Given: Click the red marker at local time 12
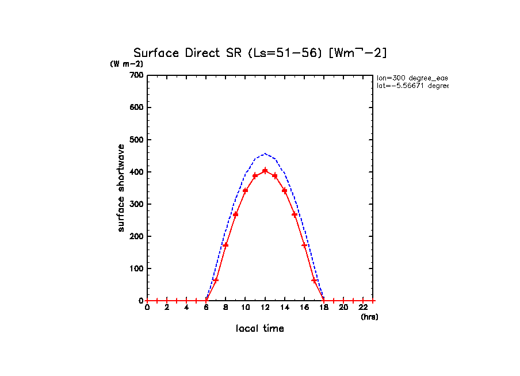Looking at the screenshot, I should [265, 171].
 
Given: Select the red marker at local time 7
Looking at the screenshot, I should [216, 280].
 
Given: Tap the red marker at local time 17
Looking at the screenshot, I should [314, 280].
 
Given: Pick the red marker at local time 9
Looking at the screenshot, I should [235, 214].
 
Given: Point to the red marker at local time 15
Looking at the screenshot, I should [295, 214].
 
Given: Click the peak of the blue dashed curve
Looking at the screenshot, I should [265, 154].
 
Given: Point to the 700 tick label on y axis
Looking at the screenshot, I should [136, 75].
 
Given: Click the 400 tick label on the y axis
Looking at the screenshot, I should [136, 172].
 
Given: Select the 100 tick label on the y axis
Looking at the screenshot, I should [136, 268].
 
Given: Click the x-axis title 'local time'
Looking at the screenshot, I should [260, 329].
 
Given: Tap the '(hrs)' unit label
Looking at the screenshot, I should [369, 317].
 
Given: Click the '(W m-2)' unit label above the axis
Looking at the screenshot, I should [127, 64].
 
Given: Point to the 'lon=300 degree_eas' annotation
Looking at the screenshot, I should [412, 78].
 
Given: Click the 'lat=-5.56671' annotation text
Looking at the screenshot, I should [412, 86].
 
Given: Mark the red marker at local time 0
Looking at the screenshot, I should [147, 301].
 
